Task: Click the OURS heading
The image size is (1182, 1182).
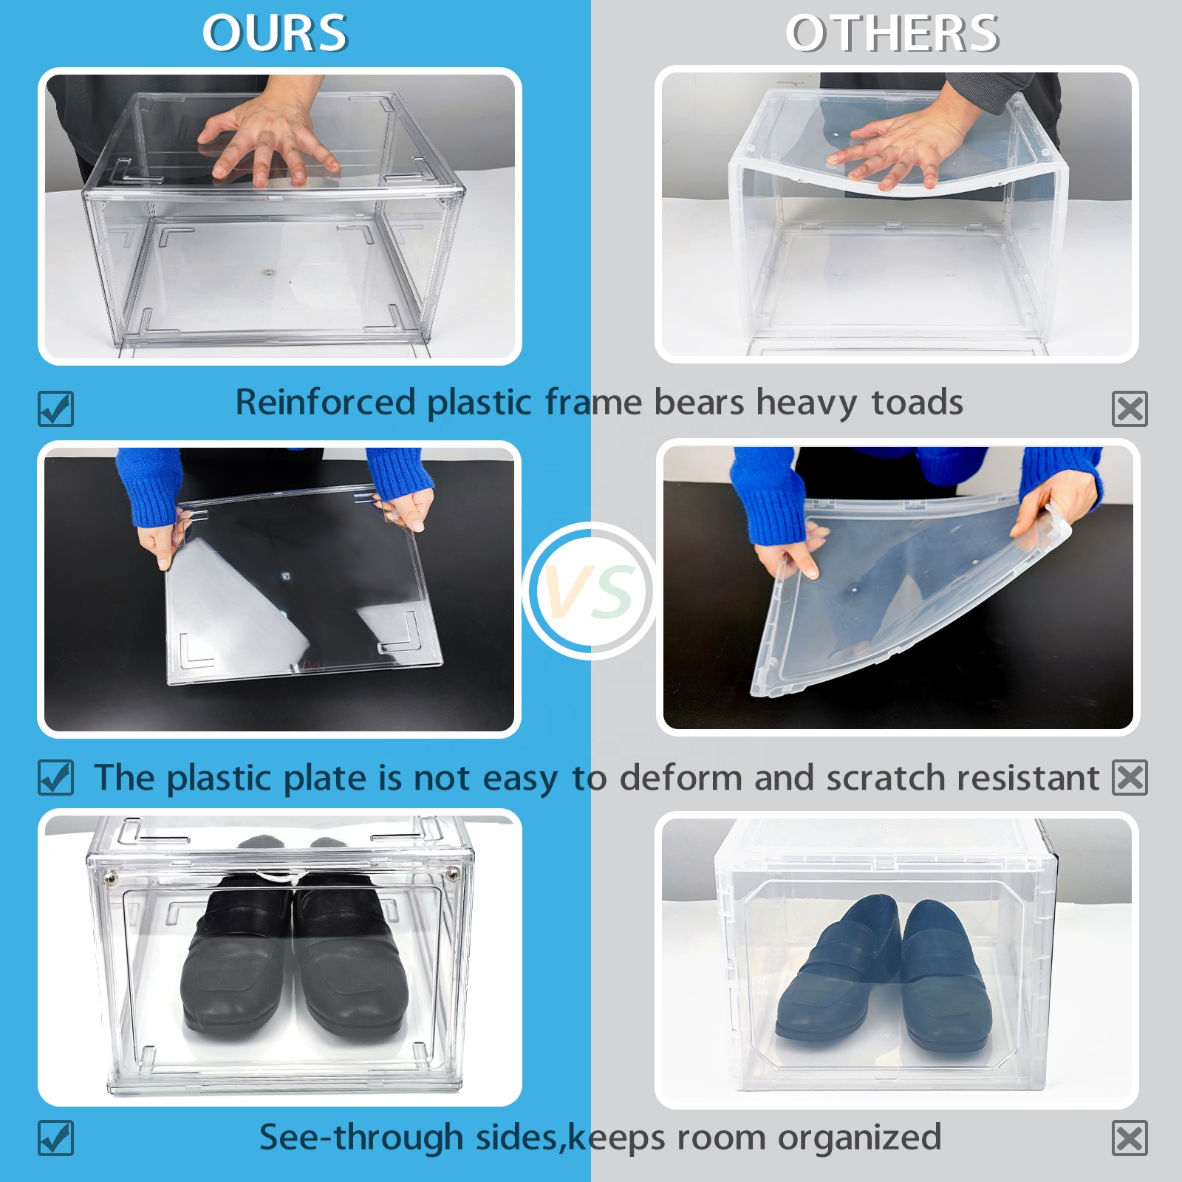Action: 274,34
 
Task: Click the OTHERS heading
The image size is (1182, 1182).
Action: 892,34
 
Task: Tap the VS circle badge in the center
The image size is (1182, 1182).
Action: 590,591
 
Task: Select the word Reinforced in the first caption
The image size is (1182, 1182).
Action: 325,403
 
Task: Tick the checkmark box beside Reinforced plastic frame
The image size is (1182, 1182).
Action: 56,409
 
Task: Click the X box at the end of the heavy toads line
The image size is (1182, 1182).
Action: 1130,409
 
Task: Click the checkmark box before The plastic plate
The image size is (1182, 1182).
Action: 56,777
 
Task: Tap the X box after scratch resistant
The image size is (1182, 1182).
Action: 1130,777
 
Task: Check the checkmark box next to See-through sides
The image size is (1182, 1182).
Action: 56,1138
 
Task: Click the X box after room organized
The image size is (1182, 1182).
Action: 1130,1138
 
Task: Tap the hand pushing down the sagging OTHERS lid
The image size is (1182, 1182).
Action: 901,148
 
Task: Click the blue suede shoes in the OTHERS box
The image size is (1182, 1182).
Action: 886,975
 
